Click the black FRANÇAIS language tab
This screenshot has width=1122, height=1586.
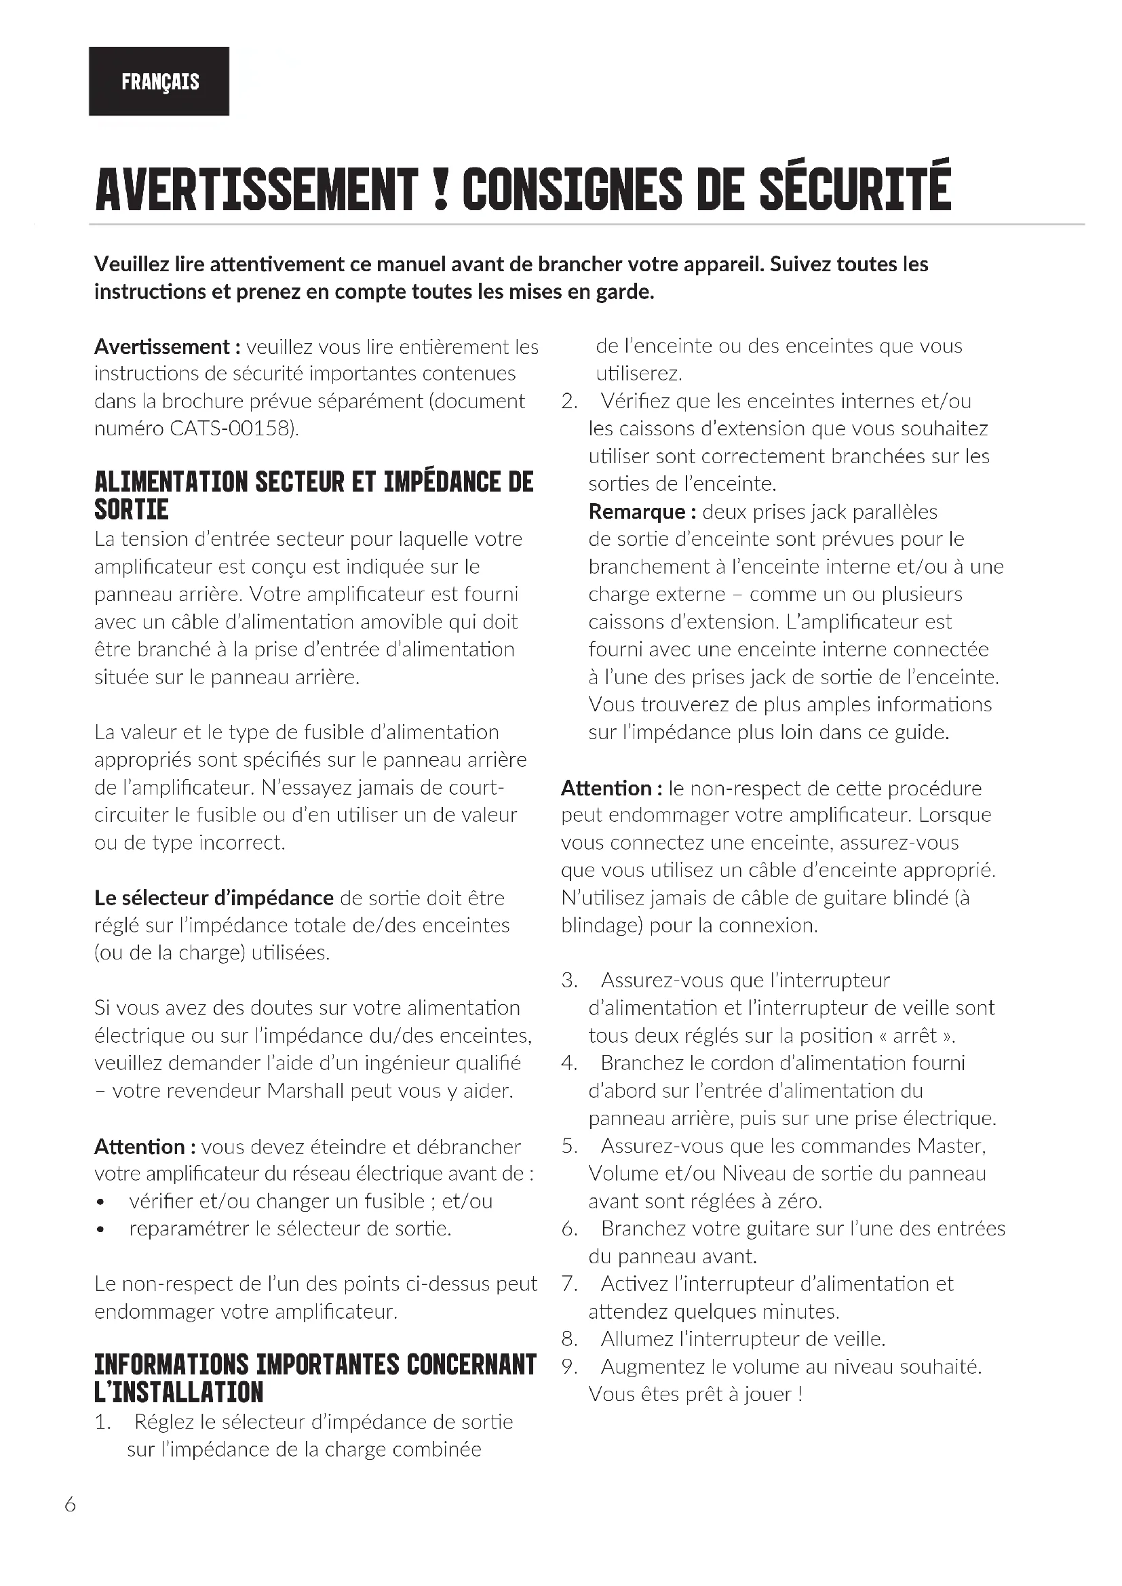click(x=159, y=81)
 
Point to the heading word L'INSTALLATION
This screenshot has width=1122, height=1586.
click(x=179, y=1392)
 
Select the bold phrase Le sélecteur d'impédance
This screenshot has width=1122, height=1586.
click(x=214, y=898)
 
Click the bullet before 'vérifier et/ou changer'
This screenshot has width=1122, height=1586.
click(x=101, y=1203)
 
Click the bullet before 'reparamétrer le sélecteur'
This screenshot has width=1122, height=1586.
click(x=101, y=1230)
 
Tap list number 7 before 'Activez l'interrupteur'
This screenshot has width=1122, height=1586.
click(x=569, y=1284)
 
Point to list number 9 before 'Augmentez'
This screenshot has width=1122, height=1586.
click(x=569, y=1367)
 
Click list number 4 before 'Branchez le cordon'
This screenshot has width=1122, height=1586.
click(x=569, y=1063)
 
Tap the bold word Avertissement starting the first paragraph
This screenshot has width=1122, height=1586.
click(x=161, y=346)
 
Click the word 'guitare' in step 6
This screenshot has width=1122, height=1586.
click(x=765, y=1229)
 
